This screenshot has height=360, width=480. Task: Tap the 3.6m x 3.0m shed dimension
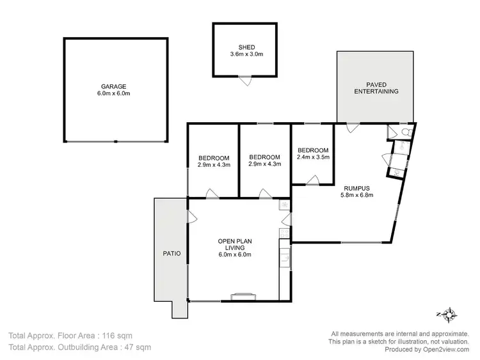(x=246, y=54)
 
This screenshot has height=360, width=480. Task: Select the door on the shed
(x=244, y=81)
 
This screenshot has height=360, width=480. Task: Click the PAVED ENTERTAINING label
(x=376, y=88)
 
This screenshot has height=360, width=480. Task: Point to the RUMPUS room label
(x=356, y=187)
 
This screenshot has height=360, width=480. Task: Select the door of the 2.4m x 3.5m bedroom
(x=312, y=181)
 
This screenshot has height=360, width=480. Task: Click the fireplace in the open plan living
(x=243, y=296)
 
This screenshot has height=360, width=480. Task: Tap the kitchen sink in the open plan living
(x=285, y=258)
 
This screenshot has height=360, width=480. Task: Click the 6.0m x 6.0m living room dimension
(x=234, y=254)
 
